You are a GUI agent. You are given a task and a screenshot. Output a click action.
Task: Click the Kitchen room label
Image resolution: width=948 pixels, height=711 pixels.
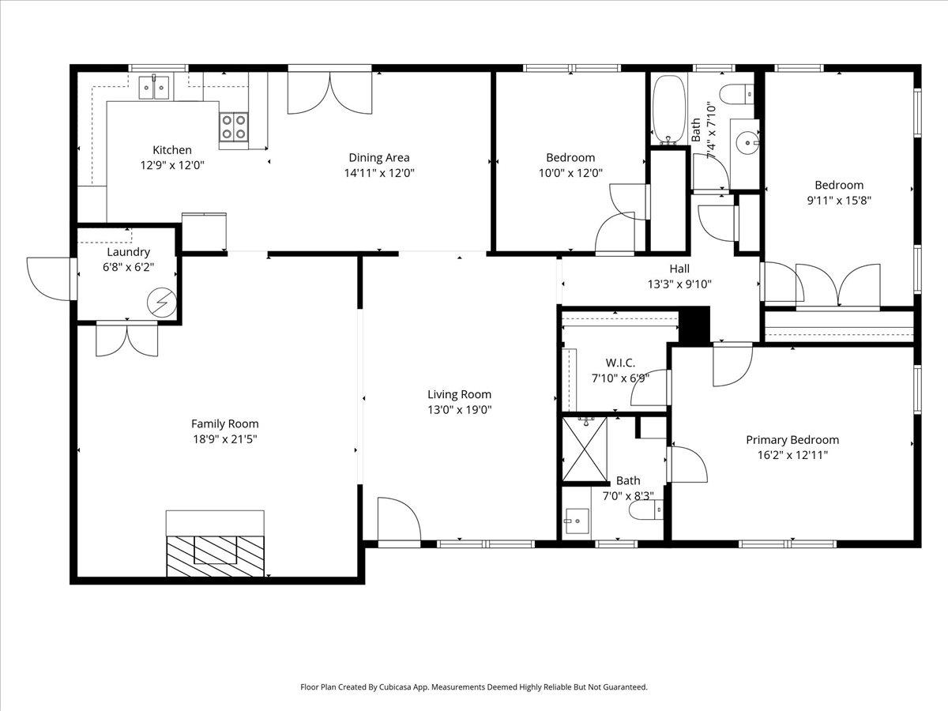click(x=172, y=150)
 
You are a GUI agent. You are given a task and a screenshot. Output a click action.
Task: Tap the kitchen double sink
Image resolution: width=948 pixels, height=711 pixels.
click(x=153, y=88)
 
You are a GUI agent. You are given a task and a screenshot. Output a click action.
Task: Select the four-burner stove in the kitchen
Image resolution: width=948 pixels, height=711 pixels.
click(x=234, y=127)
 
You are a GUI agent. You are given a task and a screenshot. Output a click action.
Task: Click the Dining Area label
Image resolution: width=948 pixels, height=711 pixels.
click(x=378, y=157)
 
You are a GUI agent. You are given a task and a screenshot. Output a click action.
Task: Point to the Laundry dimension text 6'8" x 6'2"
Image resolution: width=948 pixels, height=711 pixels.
click(x=128, y=267)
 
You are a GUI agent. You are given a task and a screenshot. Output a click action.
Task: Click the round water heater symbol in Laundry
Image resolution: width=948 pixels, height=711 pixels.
click(x=161, y=303)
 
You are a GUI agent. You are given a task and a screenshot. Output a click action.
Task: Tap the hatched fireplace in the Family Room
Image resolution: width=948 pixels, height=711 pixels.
click(x=215, y=556)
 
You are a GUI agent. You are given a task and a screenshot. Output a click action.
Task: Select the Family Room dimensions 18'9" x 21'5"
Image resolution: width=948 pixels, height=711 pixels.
click(x=225, y=439)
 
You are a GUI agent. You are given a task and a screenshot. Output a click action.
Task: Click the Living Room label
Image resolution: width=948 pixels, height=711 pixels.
click(x=459, y=394)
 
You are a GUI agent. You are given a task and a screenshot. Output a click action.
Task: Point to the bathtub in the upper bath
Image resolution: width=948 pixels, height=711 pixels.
click(x=668, y=111)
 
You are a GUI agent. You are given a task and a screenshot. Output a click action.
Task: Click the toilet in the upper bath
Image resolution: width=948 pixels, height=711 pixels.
click(x=737, y=94)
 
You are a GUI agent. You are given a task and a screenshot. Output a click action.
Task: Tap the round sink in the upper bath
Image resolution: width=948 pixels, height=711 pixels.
click(x=747, y=141)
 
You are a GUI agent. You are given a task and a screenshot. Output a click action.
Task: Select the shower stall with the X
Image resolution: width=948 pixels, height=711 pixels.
click(x=585, y=449)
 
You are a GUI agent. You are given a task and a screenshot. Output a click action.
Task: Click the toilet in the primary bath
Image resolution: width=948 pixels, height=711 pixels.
click(x=646, y=510)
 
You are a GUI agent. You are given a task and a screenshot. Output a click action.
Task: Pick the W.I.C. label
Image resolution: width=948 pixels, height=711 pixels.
click(x=620, y=363)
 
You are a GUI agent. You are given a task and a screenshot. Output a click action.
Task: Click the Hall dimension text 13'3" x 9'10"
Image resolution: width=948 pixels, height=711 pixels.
click(x=679, y=284)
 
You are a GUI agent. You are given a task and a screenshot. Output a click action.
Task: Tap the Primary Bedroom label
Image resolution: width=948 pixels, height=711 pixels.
click(x=792, y=440)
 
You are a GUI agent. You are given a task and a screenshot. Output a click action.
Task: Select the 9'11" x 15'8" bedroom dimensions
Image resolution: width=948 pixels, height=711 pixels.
click(x=839, y=201)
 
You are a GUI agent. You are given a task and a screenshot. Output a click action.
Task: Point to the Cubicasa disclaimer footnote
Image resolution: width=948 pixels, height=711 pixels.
click(x=474, y=687)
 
